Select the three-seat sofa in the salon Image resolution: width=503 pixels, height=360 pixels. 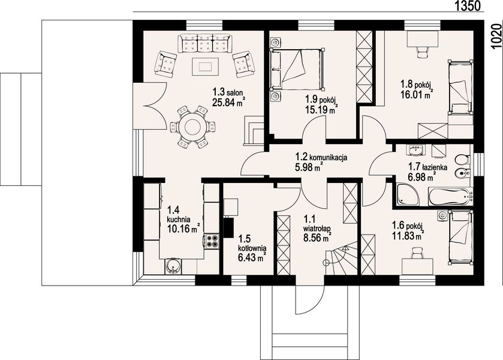click(205, 43)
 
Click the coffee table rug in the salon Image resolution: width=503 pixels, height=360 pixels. click(205, 67)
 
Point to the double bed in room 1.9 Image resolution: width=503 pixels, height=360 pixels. click(296, 69)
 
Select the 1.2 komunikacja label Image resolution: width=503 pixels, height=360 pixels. click(321, 157)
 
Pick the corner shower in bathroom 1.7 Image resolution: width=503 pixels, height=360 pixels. click(407, 194)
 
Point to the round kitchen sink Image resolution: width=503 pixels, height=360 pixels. click(173, 266)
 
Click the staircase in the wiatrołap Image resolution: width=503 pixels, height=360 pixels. click(341, 259)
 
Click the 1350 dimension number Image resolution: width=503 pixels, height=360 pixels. click(468, 6)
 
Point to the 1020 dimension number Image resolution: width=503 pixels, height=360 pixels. click(496, 35)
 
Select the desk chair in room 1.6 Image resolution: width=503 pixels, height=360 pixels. click(417, 252)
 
